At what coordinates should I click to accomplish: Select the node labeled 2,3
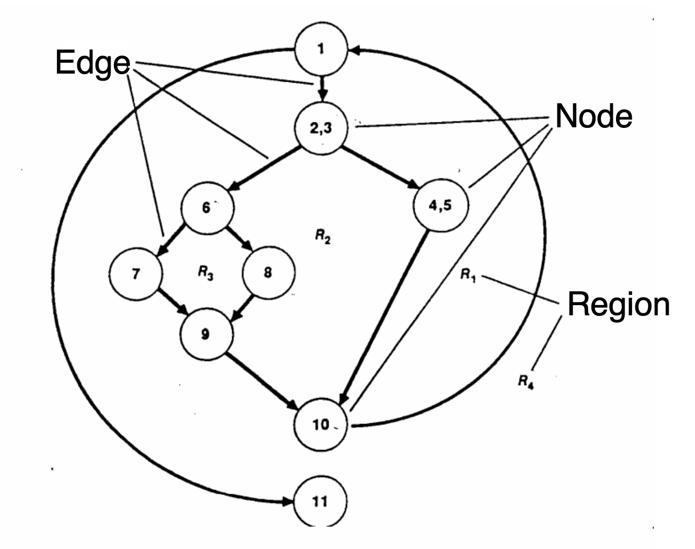click(321, 127)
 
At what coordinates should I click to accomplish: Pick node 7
click(135, 273)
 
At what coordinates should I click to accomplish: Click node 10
click(321, 425)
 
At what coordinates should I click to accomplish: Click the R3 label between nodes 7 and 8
click(204, 273)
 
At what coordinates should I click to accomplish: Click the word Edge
click(92, 64)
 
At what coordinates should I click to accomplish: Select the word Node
click(593, 116)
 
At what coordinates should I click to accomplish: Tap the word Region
click(618, 305)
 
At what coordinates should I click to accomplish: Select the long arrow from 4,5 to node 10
click(384, 317)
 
